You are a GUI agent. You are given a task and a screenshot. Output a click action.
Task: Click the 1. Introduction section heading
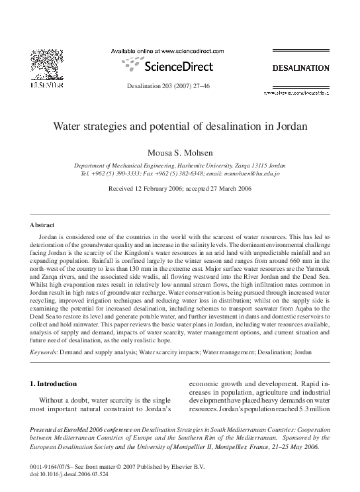(x=54, y=383)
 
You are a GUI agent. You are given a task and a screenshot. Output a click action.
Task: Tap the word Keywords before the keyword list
(x=44, y=352)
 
